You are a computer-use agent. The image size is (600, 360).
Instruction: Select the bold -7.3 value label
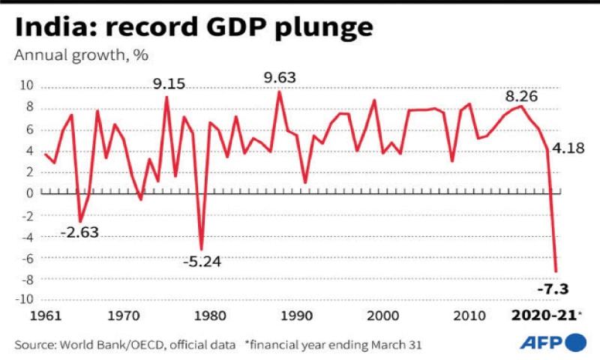coord(553,289)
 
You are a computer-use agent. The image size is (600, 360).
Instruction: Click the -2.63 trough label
coord(79,232)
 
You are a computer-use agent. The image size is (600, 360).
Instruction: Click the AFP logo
coord(552,343)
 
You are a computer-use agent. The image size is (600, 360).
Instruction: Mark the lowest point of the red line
coord(556,271)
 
